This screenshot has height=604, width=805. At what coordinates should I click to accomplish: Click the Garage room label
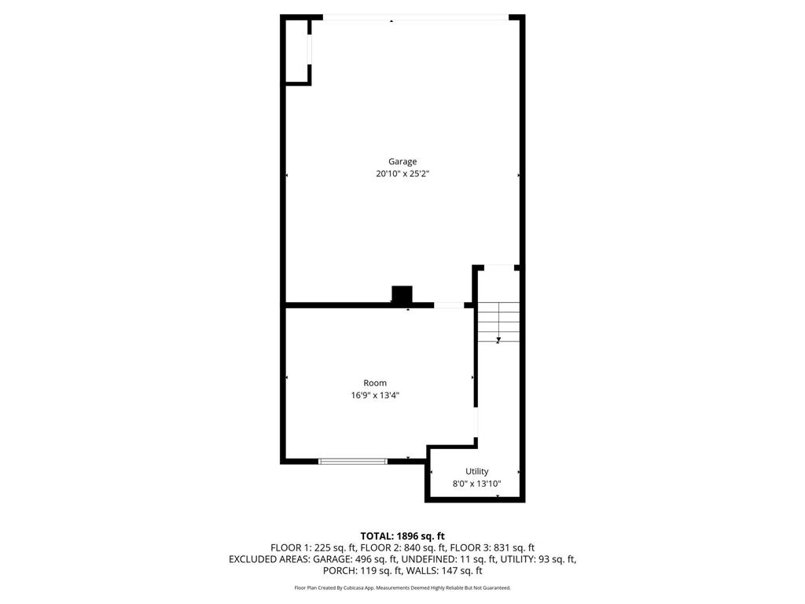tap(402, 161)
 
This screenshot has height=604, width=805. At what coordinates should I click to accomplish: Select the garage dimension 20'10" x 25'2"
tap(402, 175)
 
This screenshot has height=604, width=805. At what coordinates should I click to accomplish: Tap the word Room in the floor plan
tap(375, 383)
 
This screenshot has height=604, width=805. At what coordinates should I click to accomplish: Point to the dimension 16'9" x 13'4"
tap(375, 396)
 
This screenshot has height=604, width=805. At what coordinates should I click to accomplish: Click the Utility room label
tap(476, 471)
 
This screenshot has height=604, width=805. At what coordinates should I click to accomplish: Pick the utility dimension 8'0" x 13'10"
tap(476, 484)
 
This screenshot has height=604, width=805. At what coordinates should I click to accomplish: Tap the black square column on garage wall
tap(402, 294)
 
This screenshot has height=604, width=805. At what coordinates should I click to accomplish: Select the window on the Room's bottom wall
tap(353, 461)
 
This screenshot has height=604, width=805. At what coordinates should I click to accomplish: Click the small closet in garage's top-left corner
tap(297, 52)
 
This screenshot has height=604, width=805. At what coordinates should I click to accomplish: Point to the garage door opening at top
tap(414, 18)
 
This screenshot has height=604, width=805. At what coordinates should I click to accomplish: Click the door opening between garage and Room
tap(449, 304)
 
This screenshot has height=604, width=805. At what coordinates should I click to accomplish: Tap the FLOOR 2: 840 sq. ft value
tap(402, 547)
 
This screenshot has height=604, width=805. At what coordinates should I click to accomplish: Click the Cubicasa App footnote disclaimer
tap(402, 587)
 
